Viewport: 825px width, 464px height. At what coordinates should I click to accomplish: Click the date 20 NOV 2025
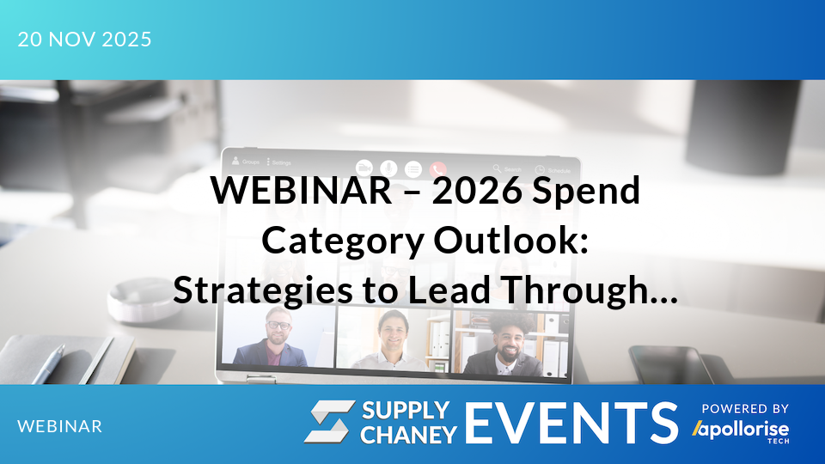[x=84, y=40]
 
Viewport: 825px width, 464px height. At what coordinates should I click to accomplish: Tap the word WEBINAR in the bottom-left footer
[x=60, y=426]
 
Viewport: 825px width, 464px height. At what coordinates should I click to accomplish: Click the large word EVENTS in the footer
[x=571, y=423]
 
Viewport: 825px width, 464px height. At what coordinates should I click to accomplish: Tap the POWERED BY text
[x=745, y=409]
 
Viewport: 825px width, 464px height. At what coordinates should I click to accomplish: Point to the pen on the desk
[x=52, y=359]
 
